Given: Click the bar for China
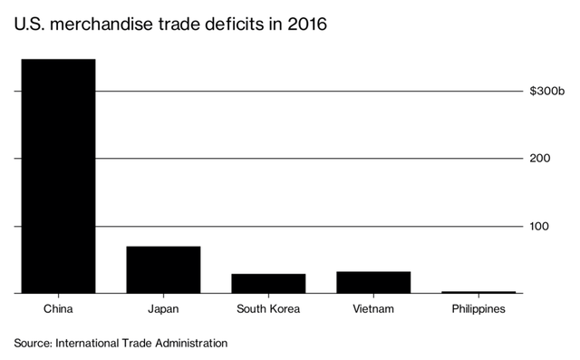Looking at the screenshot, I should (x=57, y=176).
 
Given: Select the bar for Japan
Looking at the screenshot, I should (x=163, y=269).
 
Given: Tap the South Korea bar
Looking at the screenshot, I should (x=268, y=283).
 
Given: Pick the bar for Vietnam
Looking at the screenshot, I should (x=373, y=282).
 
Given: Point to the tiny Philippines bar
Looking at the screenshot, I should (x=478, y=292).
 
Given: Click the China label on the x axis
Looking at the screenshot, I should (x=57, y=309).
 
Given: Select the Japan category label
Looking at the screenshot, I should (x=163, y=309).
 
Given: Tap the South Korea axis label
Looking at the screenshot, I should (x=268, y=309).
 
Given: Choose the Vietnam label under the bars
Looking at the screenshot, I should (x=373, y=309).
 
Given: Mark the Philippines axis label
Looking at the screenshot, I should (x=478, y=309).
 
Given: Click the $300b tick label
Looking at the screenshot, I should (x=547, y=91).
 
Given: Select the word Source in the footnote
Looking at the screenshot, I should (x=33, y=344).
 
